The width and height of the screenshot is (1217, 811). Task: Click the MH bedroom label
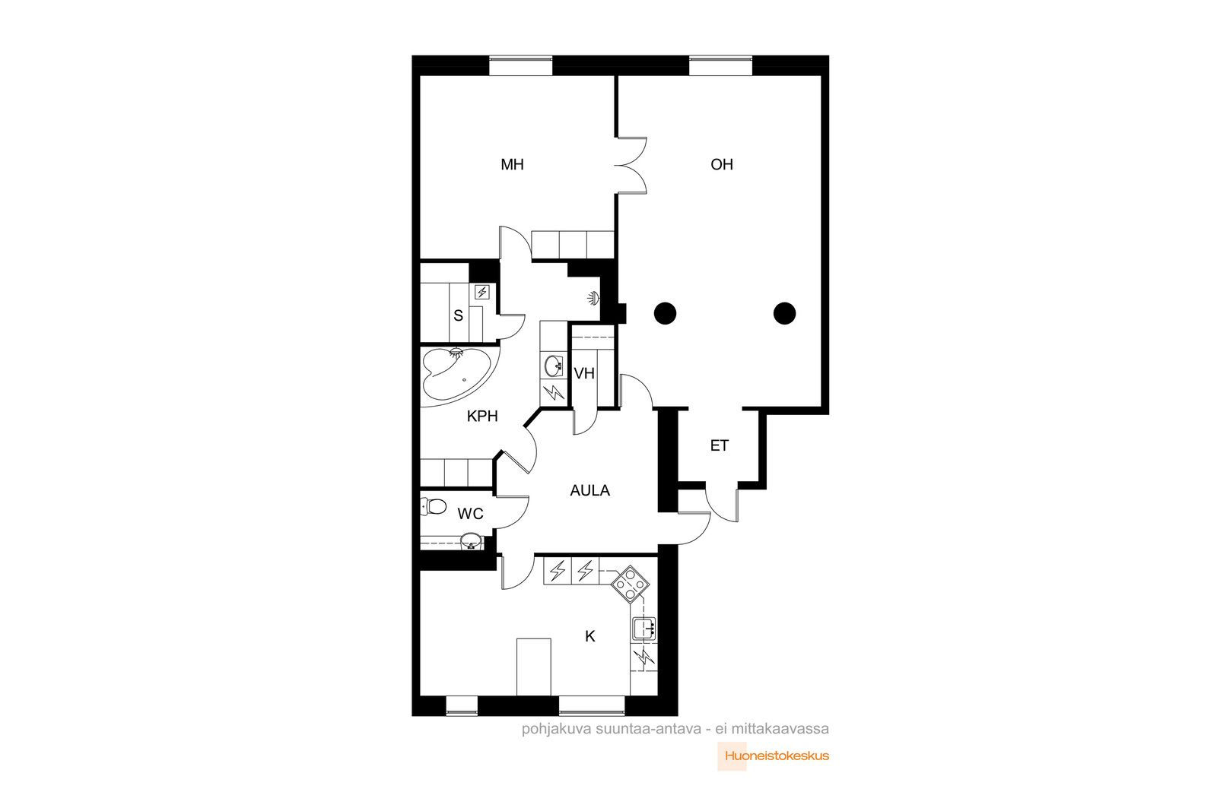pyautogui.click(x=512, y=164)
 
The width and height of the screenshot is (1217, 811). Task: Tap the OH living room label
pyautogui.click(x=722, y=164)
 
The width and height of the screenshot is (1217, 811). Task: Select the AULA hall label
pyautogui.click(x=589, y=491)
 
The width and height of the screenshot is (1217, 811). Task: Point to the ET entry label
pyautogui.click(x=719, y=445)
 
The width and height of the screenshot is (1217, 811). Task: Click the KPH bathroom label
pyautogui.click(x=482, y=417)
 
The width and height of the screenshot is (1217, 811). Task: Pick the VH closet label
pyautogui.click(x=584, y=373)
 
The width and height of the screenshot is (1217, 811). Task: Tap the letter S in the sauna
pyautogui.click(x=458, y=316)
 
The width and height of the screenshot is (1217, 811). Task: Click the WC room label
pyautogui.click(x=470, y=514)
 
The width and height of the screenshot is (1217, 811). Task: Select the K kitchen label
pyautogui.click(x=590, y=636)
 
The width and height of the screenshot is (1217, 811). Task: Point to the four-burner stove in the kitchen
pyautogui.click(x=631, y=584)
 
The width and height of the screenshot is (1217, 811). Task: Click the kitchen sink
pyautogui.click(x=644, y=629)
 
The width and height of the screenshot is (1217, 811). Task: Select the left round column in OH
pyautogui.click(x=665, y=313)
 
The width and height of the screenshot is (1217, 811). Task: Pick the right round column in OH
pyautogui.click(x=784, y=313)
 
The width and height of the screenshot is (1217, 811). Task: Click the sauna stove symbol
pyautogui.click(x=482, y=292)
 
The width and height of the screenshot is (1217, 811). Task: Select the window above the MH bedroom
pyautogui.click(x=520, y=66)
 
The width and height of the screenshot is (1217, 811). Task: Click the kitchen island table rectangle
pyautogui.click(x=533, y=667)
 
